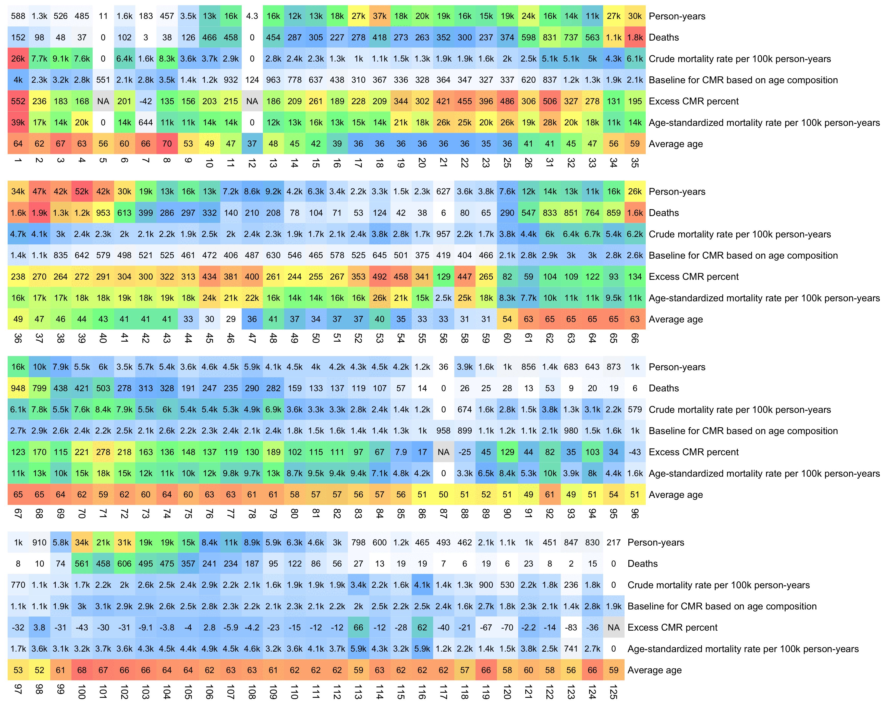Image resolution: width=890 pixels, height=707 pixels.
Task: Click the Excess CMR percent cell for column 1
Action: (18, 101)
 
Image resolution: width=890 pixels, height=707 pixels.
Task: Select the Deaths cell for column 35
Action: (635, 37)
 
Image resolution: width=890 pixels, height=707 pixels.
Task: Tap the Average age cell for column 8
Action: (167, 144)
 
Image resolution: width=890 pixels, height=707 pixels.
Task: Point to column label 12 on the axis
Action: (252, 163)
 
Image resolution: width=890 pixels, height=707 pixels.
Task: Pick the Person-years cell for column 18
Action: (379, 16)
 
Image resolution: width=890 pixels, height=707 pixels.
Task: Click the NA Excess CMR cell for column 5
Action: (103, 101)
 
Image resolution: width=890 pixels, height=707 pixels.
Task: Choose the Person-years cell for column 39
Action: (82, 191)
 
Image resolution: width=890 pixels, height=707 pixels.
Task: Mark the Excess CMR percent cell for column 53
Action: (379, 277)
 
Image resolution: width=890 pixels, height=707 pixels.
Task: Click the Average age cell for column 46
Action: (231, 319)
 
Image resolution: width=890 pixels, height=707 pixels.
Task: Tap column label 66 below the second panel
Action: (635, 338)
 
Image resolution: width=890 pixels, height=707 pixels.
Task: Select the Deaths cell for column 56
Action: (443, 213)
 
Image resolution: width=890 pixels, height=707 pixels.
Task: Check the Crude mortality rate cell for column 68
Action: (39, 409)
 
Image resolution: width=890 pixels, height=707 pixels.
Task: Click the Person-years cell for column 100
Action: (82, 542)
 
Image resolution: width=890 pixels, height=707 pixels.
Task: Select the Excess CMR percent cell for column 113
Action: (358, 627)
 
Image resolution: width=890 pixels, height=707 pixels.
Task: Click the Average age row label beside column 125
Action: (654, 670)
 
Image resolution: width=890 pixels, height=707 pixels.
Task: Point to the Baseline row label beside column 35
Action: (743, 80)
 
